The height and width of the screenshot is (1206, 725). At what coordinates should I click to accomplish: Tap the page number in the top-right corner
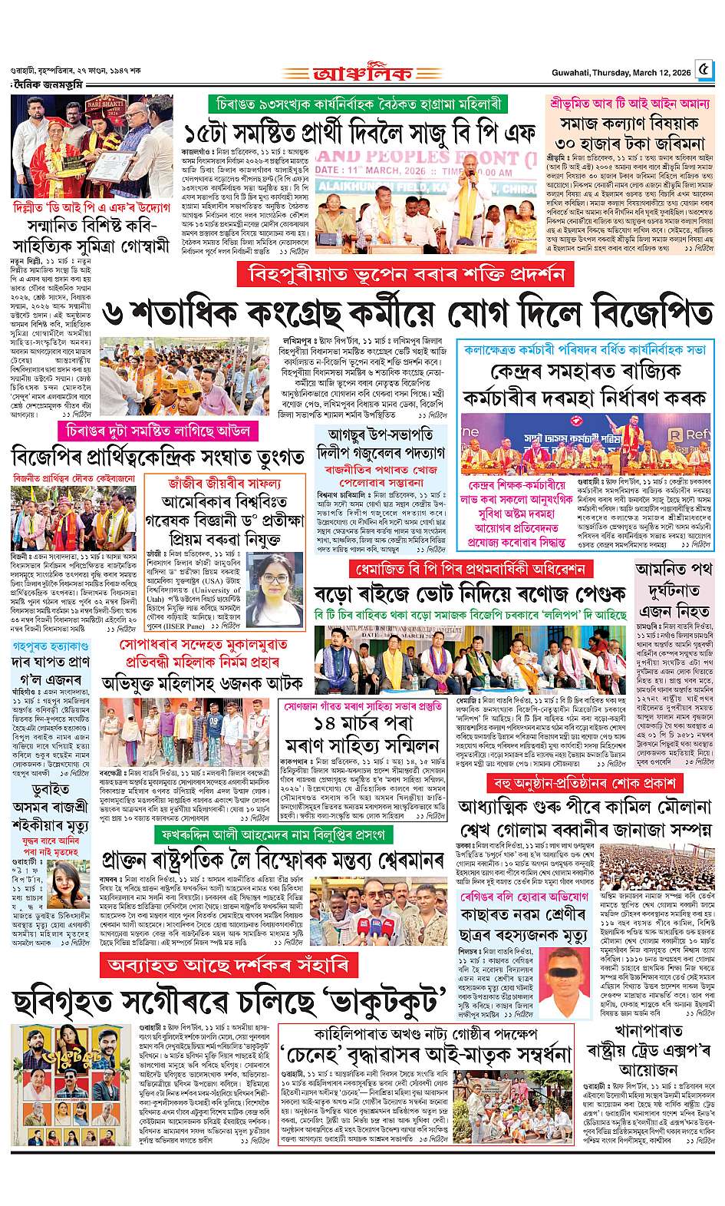pos(704,72)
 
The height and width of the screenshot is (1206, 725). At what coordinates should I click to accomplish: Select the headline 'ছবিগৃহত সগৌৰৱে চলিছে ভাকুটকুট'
pos(230,1001)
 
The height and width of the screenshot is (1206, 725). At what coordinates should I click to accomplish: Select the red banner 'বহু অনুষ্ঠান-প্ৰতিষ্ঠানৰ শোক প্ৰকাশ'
pos(585,784)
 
